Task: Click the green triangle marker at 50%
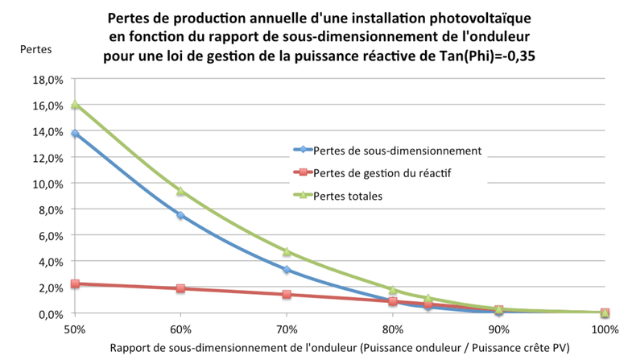[x=75, y=105]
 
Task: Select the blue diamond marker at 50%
[x=75, y=134]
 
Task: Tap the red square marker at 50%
[x=75, y=283]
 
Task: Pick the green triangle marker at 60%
[x=180, y=191]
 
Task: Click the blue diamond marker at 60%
[x=180, y=215]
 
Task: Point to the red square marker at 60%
[x=180, y=288]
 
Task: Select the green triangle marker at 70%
[x=287, y=251]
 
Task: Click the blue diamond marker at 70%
[x=287, y=270]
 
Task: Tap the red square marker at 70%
[x=287, y=295]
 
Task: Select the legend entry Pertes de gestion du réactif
[x=386, y=172]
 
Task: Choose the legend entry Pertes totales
[x=348, y=195]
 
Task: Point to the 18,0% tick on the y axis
[x=48, y=80]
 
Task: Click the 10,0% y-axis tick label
[x=48, y=184]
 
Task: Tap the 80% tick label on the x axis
[x=393, y=329]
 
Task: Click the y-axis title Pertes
[x=35, y=49]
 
